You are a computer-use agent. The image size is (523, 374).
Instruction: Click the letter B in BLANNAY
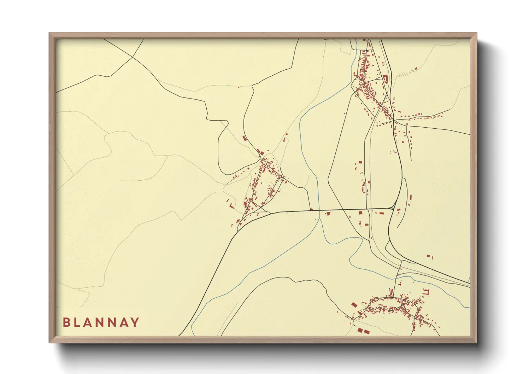pyautogui.click(x=66, y=322)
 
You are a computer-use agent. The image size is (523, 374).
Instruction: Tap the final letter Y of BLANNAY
pyautogui.click(x=135, y=322)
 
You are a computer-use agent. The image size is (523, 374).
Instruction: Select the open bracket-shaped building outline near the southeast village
pyautogui.click(x=426, y=292)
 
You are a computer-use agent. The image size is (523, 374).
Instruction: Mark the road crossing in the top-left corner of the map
pyautogui.click(x=132, y=57)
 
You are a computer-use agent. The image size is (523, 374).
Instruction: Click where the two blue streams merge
pyautogui.click(x=319, y=218)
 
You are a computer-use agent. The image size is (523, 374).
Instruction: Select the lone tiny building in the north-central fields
pyautogui.click(x=239, y=87)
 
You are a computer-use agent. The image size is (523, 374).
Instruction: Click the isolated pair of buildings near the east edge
pyautogui.click(x=429, y=256)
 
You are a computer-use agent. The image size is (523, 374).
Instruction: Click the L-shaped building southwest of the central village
pyautogui.click(x=231, y=205)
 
